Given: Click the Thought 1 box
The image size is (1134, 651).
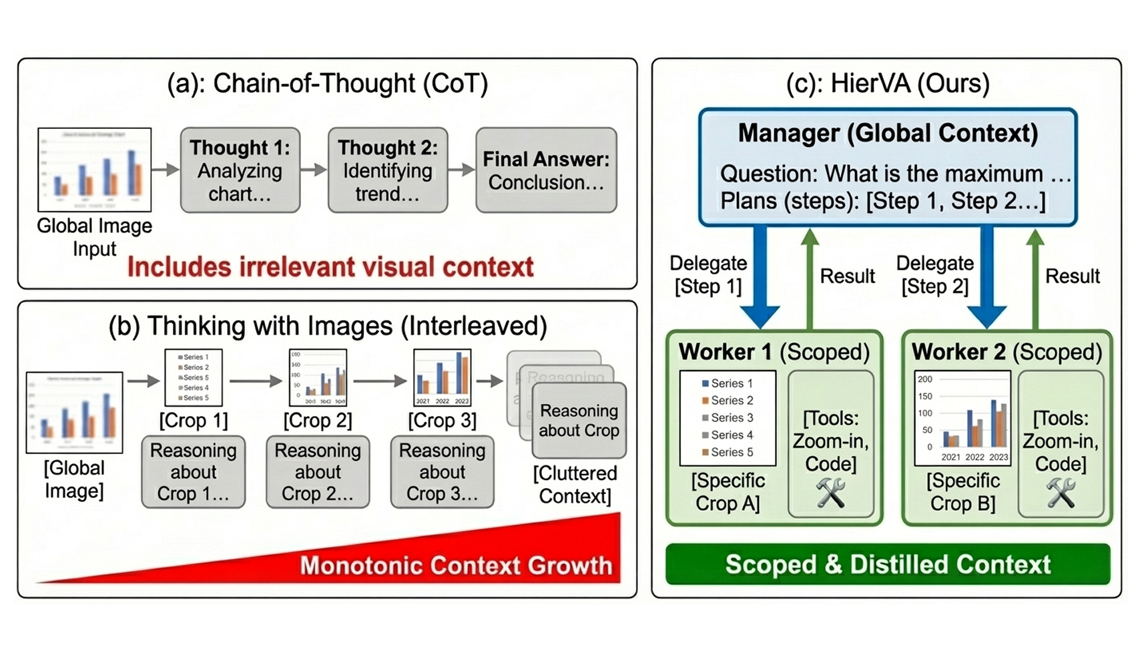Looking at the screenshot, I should coord(240,170).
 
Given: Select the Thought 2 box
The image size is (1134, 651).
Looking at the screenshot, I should coord(388,170).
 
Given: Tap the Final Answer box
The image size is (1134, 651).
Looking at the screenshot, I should coord(546,170).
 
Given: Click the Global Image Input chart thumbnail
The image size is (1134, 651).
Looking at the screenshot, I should coord(94,170).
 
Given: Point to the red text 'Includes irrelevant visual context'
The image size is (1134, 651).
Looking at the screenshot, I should coord(330,267).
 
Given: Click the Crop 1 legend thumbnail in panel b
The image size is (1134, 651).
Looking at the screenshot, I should coord(194,377).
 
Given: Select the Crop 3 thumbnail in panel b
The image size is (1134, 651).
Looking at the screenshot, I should coord(442,377).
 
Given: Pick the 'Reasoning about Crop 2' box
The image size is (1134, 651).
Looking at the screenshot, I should coord(318,471).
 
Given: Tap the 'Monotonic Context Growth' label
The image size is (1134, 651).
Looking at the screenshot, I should coord(456,566).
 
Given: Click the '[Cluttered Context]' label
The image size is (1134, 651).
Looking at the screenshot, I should coord(575,485).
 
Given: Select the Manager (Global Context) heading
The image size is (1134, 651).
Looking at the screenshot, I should coord(888,134).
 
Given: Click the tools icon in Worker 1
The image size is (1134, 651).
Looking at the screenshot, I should coord(831,493).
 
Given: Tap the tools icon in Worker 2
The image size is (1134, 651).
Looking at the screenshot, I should coord(1061,493).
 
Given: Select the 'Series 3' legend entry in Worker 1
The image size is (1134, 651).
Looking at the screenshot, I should coord(728,418).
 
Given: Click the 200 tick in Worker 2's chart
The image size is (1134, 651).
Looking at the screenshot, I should coord(925,379).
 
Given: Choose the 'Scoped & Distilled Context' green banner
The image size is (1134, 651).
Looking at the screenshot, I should coord(888,564).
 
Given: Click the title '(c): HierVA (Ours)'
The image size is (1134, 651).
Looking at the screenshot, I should coord(888,83).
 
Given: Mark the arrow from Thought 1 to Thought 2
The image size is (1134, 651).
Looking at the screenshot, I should coord(314,170).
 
